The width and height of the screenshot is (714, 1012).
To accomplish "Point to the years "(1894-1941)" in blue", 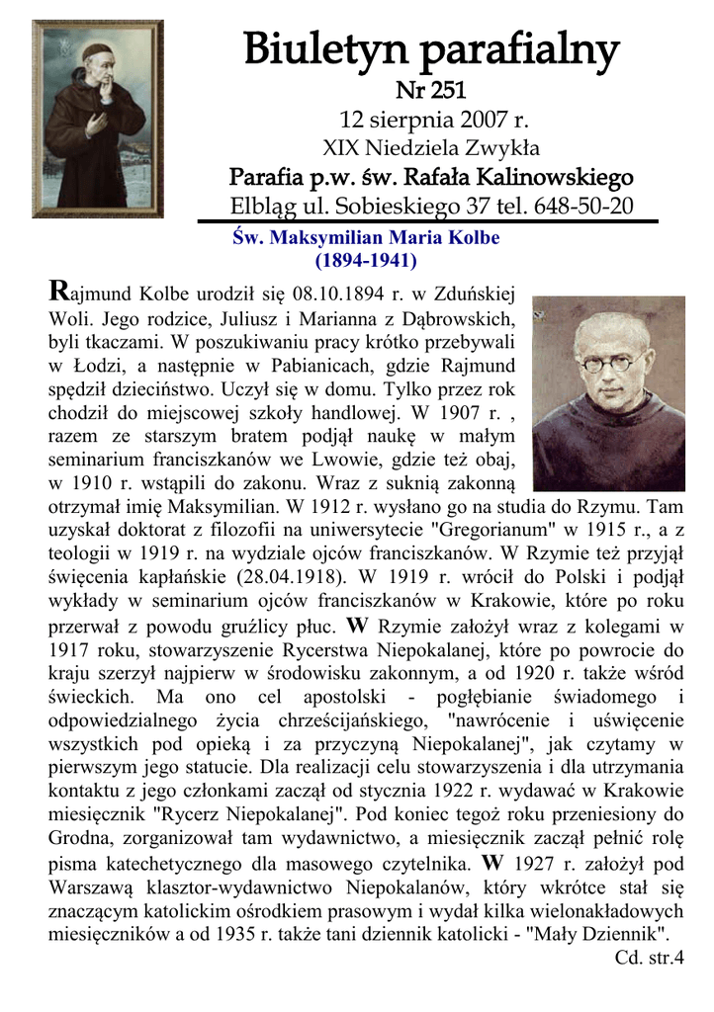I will [365, 261].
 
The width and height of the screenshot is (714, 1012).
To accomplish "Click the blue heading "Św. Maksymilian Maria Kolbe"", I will [365, 238].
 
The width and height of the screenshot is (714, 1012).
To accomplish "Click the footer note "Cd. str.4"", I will [649, 957].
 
